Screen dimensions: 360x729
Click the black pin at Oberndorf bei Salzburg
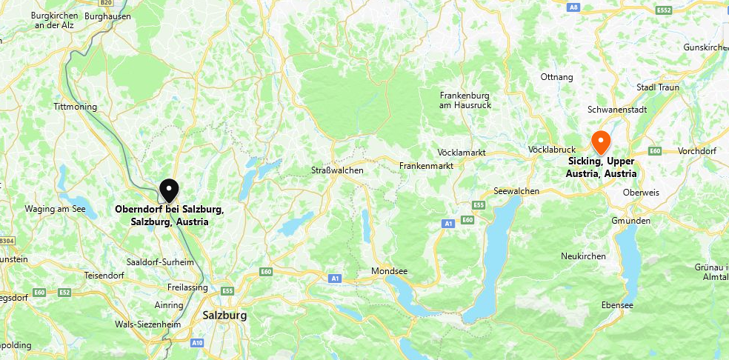click(x=170, y=190)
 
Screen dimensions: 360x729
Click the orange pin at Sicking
click(x=600, y=141)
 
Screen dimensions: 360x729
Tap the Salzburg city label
click(x=224, y=315)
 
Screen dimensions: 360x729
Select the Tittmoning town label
click(x=76, y=107)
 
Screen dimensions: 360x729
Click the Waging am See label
click(x=56, y=209)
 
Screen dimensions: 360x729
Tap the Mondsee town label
click(x=389, y=271)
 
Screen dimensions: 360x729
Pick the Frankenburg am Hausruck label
click(x=465, y=100)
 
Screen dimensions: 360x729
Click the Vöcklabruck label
click(x=552, y=150)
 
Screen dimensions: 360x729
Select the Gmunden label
click(x=631, y=221)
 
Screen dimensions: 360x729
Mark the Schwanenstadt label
click(x=617, y=109)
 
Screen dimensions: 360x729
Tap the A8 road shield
click(x=573, y=7)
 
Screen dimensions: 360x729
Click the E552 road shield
click(x=663, y=10)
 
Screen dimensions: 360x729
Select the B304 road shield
click(x=7, y=241)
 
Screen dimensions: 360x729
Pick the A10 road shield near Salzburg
click(x=197, y=343)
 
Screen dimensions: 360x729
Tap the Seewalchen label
click(x=516, y=190)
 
